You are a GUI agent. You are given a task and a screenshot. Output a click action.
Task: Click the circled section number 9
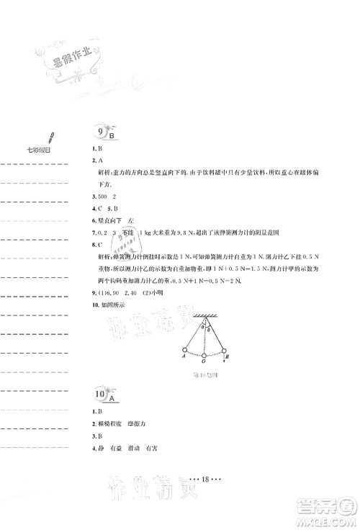click(98, 131)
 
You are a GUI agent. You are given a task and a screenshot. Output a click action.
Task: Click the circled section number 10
click(98, 395)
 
